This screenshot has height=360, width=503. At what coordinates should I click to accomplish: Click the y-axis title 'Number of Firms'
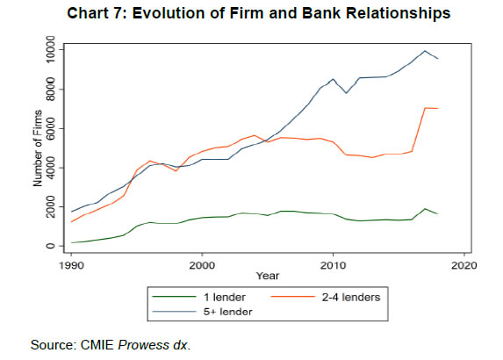[x=37, y=148]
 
